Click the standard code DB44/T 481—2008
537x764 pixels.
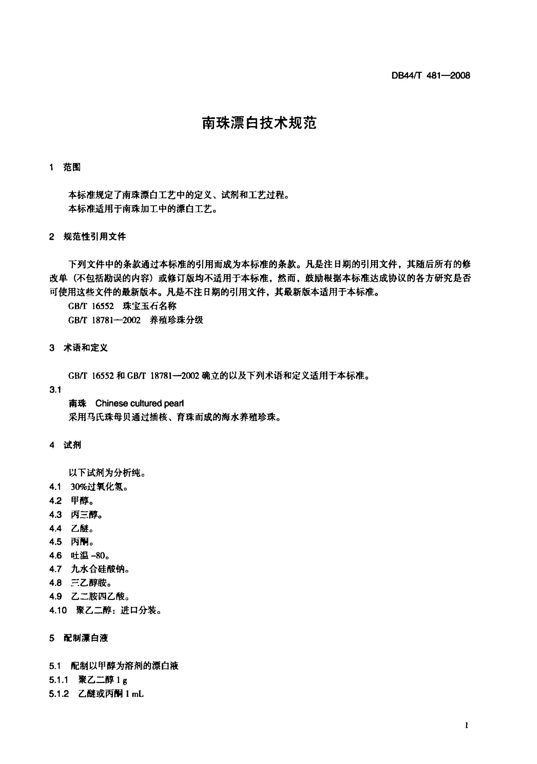point(431,76)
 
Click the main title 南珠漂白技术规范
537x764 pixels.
point(259,123)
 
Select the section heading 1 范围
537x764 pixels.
point(65,167)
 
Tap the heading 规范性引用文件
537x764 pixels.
point(95,237)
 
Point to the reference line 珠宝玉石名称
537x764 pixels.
point(150,306)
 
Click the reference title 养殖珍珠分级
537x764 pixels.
point(176,320)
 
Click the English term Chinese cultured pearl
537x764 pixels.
point(139,403)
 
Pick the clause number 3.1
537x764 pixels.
point(55,390)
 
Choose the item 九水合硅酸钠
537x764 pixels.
point(99,569)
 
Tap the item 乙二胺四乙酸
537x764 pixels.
point(99,596)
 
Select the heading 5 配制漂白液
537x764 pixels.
point(79,638)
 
